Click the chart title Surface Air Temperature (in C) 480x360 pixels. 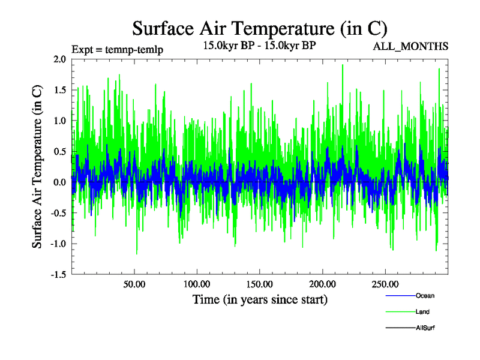tap(260, 28)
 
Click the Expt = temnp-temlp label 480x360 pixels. tap(117, 49)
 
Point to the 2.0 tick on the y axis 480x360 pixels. tap(59, 59)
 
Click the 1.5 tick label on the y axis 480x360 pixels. tap(59, 90)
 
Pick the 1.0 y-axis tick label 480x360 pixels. tap(59, 121)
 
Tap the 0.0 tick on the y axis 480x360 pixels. tap(59, 182)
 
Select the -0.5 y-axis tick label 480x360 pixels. tap(57, 213)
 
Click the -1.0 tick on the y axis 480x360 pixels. tap(57, 244)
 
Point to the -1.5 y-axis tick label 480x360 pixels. tap(57, 274)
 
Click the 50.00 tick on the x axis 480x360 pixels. tap(134, 284)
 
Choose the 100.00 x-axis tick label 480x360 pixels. tap(197, 284)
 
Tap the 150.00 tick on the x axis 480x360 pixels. tap(259, 284)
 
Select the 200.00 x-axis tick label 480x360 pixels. tap(322, 284)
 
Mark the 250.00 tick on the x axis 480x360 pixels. tap(385, 284)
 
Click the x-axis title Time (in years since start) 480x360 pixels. tap(260, 299)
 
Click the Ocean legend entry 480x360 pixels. tap(425, 295)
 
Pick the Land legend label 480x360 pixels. tap(422, 311)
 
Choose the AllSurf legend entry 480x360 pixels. tap(425, 328)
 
